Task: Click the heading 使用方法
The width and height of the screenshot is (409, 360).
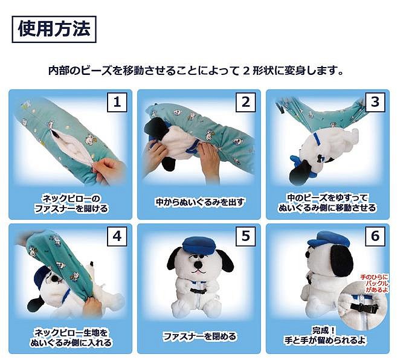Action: [54, 29]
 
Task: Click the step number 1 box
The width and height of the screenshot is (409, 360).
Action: [117, 102]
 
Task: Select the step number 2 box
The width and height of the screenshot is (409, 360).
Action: [245, 102]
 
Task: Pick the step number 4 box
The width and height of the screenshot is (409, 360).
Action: [117, 236]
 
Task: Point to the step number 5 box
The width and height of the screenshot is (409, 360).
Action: [245, 236]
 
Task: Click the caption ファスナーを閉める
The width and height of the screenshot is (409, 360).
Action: [199, 336]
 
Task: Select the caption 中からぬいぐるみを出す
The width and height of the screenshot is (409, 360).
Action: [199, 202]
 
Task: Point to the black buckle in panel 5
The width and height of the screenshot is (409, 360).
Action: [199, 292]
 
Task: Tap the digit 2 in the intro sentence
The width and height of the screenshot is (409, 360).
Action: [246, 71]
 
